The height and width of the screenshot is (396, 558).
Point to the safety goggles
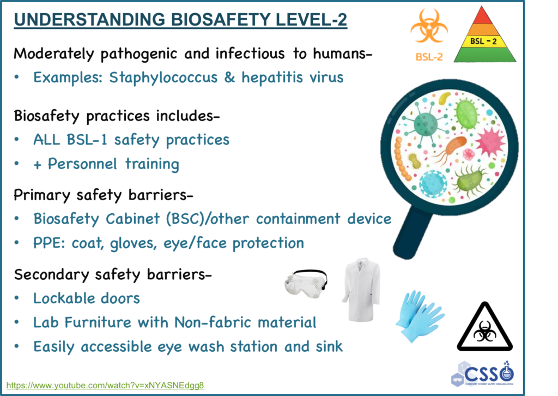(306, 283)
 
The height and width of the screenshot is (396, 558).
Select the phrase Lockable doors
(86, 298)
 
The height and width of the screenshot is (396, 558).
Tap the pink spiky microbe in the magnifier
(490, 141)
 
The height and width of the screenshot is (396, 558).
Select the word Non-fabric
(208, 322)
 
